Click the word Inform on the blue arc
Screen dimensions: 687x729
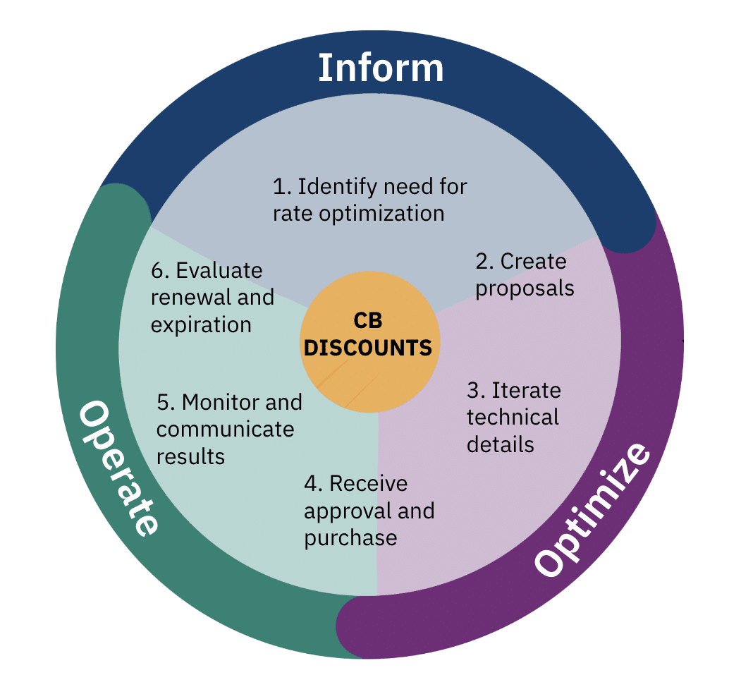click(x=381, y=68)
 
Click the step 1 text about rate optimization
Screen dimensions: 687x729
click(x=369, y=200)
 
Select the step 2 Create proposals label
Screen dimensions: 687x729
click(x=524, y=275)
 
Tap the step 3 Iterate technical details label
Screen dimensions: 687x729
click(x=513, y=418)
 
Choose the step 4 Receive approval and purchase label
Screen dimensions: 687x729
click(x=369, y=511)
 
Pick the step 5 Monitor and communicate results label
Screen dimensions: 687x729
click(x=228, y=429)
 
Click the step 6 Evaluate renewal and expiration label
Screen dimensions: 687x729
click(x=212, y=298)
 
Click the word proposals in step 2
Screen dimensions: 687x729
click(x=525, y=288)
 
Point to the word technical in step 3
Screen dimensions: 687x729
click(x=513, y=418)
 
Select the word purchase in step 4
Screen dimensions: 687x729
click(x=350, y=538)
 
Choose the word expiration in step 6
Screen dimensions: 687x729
click(x=201, y=324)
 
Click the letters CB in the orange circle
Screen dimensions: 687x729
click(x=367, y=320)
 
